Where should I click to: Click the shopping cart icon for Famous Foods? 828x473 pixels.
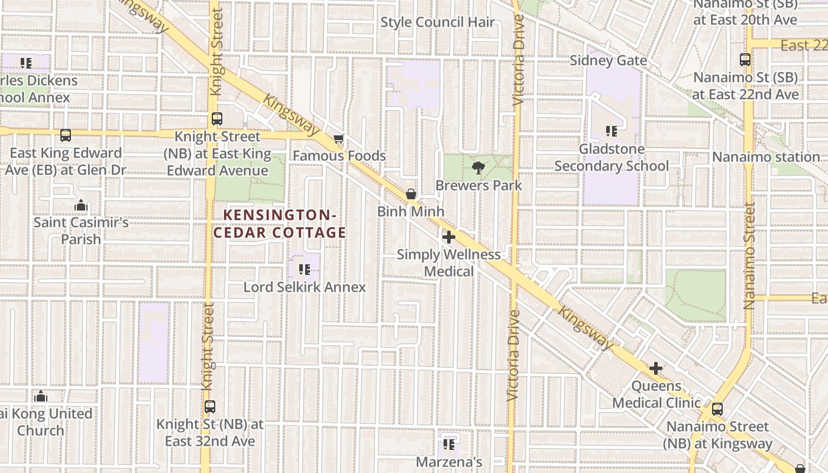tap(338, 140)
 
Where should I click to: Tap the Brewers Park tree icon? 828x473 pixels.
tap(478, 169)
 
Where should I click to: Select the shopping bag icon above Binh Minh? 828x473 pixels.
tap(410, 194)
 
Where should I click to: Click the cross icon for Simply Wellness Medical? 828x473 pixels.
tap(449, 237)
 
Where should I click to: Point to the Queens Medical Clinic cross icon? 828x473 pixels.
tap(655, 368)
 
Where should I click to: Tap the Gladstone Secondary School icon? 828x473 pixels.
tap(611, 131)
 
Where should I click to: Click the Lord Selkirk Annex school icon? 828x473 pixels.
tap(305, 270)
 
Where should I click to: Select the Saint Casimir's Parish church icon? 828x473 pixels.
tap(81, 205)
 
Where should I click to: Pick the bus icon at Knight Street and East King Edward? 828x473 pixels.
tap(217, 119)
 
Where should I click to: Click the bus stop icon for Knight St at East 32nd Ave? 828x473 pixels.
tap(210, 407)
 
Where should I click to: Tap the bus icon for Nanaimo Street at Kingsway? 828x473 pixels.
tap(717, 409)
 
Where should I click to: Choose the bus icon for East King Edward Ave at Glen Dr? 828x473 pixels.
tap(66, 135)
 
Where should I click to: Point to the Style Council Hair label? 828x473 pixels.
tap(438, 22)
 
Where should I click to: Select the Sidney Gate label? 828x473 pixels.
tap(608, 60)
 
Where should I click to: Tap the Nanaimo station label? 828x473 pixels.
tap(766, 157)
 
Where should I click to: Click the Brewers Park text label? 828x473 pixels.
tap(478, 185)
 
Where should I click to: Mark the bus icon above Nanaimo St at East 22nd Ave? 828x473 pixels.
tap(745, 60)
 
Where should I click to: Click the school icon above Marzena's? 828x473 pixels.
tap(449, 443)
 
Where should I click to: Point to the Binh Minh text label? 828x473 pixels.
tap(410, 211)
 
